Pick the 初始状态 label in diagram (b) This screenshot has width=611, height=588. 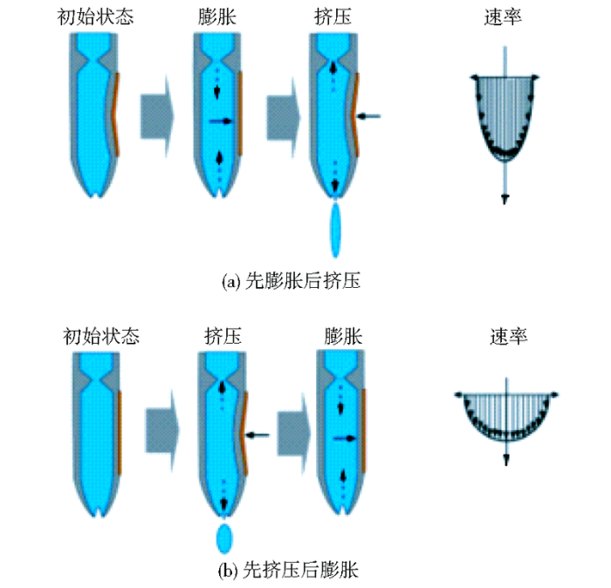(102, 336)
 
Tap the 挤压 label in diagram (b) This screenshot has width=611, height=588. (223, 336)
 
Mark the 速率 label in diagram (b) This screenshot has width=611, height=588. (507, 336)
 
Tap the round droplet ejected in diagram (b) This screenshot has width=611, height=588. (223, 538)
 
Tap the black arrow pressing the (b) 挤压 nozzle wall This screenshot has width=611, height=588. (257, 434)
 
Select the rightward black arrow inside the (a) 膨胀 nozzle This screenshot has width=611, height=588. (223, 122)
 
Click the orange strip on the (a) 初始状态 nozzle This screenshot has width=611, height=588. (116, 113)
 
